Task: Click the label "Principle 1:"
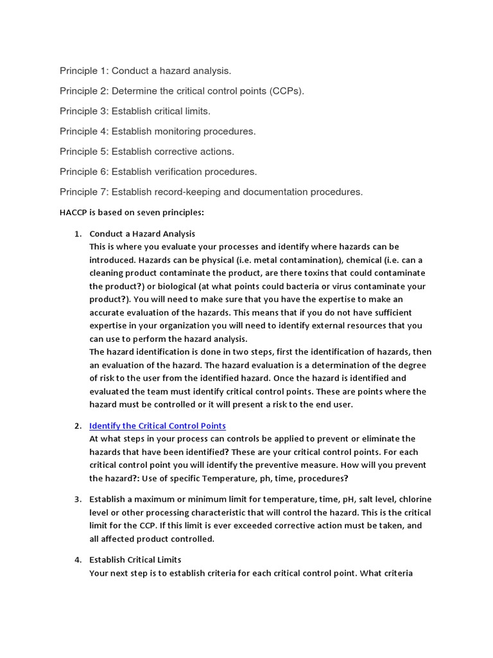[84, 71]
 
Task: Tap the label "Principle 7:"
[84, 192]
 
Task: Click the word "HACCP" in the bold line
[73, 212]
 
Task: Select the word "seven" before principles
[152, 212]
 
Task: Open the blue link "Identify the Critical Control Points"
[157, 426]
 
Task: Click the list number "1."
[77, 234]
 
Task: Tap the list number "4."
[77, 560]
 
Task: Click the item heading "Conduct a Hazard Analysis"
[142, 234]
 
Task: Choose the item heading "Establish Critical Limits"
[135, 560]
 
